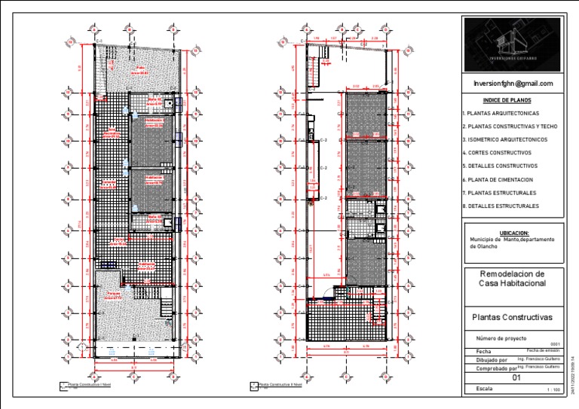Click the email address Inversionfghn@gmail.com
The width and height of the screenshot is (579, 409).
pos(513,84)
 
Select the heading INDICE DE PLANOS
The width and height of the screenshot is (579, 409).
pos(507,100)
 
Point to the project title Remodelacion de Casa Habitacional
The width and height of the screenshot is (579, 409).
pos(512,278)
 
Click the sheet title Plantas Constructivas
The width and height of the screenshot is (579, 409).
pos(511,317)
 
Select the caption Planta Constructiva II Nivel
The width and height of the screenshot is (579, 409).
pos(280,384)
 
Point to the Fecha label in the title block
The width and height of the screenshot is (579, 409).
pos(475,352)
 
